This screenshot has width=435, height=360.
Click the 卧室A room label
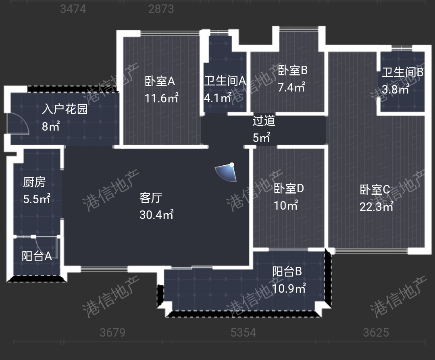coord(160,81)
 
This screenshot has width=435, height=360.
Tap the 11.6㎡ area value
coord(162,98)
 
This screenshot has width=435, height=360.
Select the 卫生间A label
coord(225,81)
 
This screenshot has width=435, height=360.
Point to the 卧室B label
coord(293,71)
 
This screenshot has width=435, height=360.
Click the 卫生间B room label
coord(402,73)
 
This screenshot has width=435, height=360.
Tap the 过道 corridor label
coord(264,121)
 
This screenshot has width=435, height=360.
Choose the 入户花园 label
coord(65,109)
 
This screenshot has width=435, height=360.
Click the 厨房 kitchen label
coord(34,183)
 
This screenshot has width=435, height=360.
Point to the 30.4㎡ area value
coord(156,214)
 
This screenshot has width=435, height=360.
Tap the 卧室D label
coord(289,188)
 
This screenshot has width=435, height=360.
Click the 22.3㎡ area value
coord(377,206)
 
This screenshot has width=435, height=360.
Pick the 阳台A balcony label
coord(36,256)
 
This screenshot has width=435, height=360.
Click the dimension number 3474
coord(73,9)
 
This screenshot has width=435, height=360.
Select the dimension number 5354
coord(243,332)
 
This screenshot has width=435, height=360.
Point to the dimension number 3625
coord(376,332)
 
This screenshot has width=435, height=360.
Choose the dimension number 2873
coord(161,9)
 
